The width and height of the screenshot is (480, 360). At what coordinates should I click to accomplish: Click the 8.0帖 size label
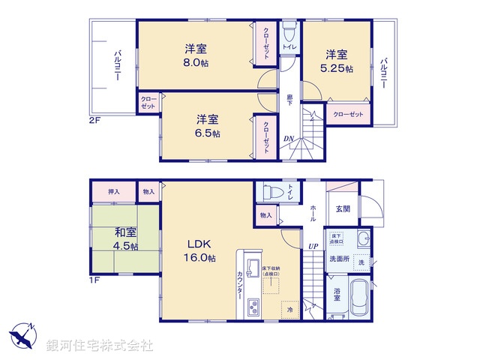(x=196, y=64)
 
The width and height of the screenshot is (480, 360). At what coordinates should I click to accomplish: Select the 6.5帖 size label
(x=207, y=133)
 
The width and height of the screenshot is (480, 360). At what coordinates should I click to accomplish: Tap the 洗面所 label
(x=339, y=259)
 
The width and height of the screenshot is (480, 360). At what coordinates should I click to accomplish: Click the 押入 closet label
(x=113, y=192)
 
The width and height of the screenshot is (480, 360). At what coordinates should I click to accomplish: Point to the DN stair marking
(x=288, y=137)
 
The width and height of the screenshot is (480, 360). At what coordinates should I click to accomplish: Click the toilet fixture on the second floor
(x=289, y=31)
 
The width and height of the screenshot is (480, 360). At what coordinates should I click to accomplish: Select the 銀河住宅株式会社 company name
(x=100, y=346)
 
